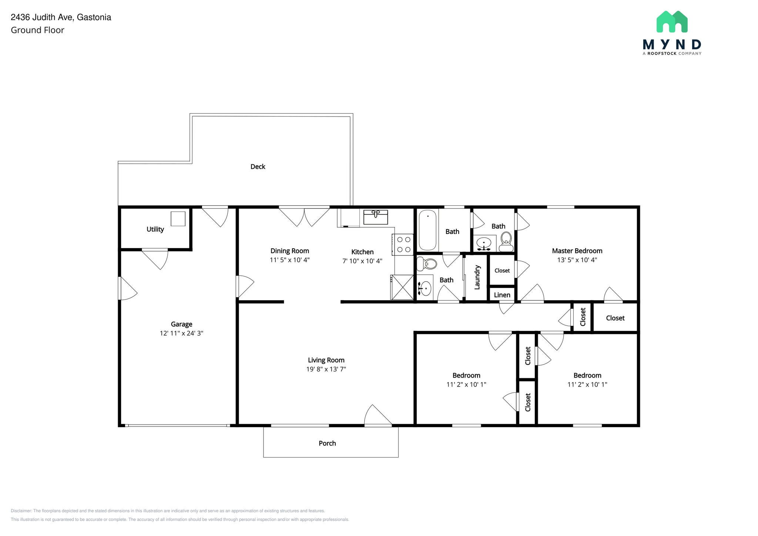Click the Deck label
(258, 167)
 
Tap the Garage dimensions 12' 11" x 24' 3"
(181, 333)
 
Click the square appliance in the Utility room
(178, 219)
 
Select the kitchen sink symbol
(375, 217)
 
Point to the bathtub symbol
(427, 230)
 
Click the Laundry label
(477, 277)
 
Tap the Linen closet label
(502, 295)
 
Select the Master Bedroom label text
(577, 251)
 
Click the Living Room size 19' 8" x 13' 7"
(326, 369)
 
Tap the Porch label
(327, 443)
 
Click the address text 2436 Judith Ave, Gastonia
(61, 17)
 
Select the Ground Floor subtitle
(37, 30)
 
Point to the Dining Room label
(289, 251)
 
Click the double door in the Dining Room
(304, 217)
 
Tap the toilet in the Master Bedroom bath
(506, 242)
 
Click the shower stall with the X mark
(402, 287)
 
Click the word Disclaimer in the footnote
(21, 511)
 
